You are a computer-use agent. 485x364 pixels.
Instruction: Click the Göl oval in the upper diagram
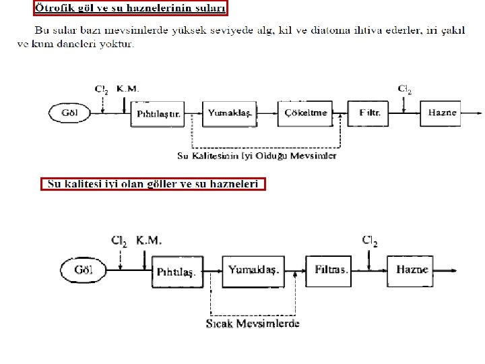[70, 113]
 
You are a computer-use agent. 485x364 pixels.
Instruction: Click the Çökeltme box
[305, 113]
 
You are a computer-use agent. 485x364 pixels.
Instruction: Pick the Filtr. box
[370, 113]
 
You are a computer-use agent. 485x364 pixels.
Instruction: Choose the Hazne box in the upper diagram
[442, 113]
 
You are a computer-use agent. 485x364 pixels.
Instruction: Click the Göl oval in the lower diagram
[84, 270]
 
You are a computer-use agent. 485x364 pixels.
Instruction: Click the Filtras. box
[331, 270]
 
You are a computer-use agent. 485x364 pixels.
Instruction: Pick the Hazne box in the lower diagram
[412, 270]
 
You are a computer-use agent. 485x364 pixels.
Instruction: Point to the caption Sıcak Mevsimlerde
[253, 324]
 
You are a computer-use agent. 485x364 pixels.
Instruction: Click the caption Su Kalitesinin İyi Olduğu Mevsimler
[257, 156]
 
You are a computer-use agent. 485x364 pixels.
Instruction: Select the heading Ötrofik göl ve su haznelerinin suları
[130, 8]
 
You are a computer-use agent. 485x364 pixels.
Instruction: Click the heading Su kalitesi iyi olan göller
[153, 184]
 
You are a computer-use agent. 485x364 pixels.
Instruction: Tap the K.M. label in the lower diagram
[149, 240]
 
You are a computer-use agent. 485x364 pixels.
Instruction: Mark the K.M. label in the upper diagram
[128, 89]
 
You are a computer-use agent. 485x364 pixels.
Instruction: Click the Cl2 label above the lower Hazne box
[370, 240]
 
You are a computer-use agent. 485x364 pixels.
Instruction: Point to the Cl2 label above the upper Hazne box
[404, 89]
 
